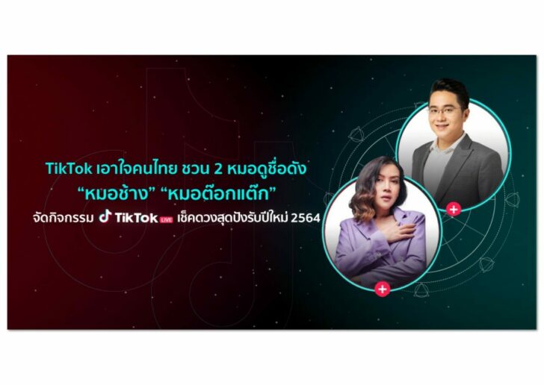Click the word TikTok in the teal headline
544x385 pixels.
click(69, 169)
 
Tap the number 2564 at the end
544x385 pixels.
click(306, 219)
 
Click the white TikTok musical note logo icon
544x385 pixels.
click(105, 216)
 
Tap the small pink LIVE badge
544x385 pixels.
click(166, 219)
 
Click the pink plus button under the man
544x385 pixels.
click(453, 210)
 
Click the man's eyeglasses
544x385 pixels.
click(445, 111)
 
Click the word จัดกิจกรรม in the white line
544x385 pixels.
click(63, 219)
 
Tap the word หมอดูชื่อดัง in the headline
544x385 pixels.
click(268, 169)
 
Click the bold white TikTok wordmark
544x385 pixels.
click(136, 218)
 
